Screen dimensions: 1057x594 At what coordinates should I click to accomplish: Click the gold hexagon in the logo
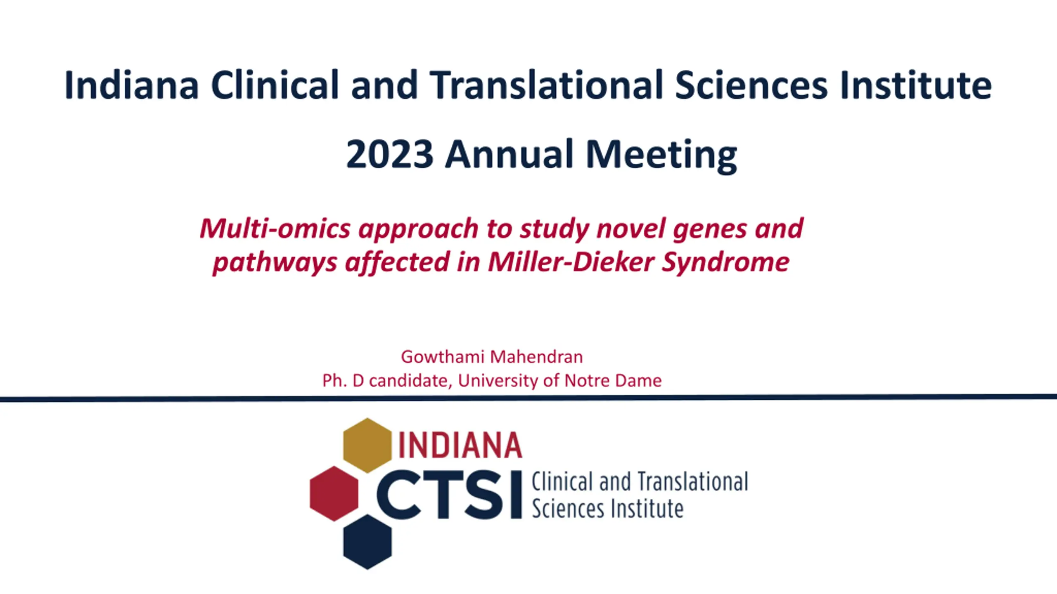[367, 445]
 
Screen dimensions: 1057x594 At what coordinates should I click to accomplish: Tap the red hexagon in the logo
[334, 493]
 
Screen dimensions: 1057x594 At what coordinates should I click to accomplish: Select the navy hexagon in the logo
[367, 542]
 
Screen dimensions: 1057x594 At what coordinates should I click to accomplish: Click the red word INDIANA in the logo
[460, 445]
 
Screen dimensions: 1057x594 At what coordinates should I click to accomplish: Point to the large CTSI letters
[449, 495]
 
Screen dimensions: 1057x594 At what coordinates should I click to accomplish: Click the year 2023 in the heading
[389, 154]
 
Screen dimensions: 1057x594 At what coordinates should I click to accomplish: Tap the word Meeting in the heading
[661, 156]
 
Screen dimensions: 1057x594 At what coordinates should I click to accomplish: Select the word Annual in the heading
[509, 154]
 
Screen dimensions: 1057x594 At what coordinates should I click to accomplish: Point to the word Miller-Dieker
[570, 262]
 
